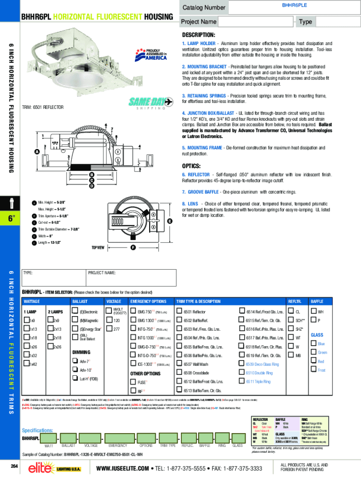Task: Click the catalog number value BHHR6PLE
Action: [x=294, y=4]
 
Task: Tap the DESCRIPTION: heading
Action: [x=199, y=35]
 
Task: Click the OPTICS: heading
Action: [x=191, y=166]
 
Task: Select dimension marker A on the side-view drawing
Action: [x=36, y=152]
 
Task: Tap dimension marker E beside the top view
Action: [x=169, y=221]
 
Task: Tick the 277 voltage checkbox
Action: [x=109, y=329]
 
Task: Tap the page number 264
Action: [x=14, y=466]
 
